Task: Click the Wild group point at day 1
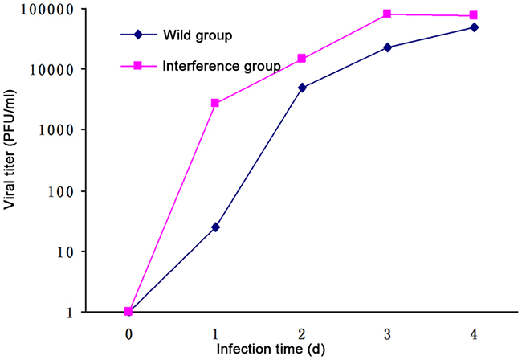pyautogui.click(x=215, y=227)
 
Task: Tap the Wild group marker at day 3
pyautogui.click(x=388, y=47)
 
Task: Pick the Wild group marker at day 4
pyautogui.click(x=475, y=27)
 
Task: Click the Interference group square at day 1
pyautogui.click(x=215, y=103)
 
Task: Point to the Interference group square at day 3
pyautogui.click(x=388, y=14)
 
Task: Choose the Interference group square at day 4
pyautogui.click(x=475, y=15)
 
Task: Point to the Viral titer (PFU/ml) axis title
pyautogui.click(x=11, y=162)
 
